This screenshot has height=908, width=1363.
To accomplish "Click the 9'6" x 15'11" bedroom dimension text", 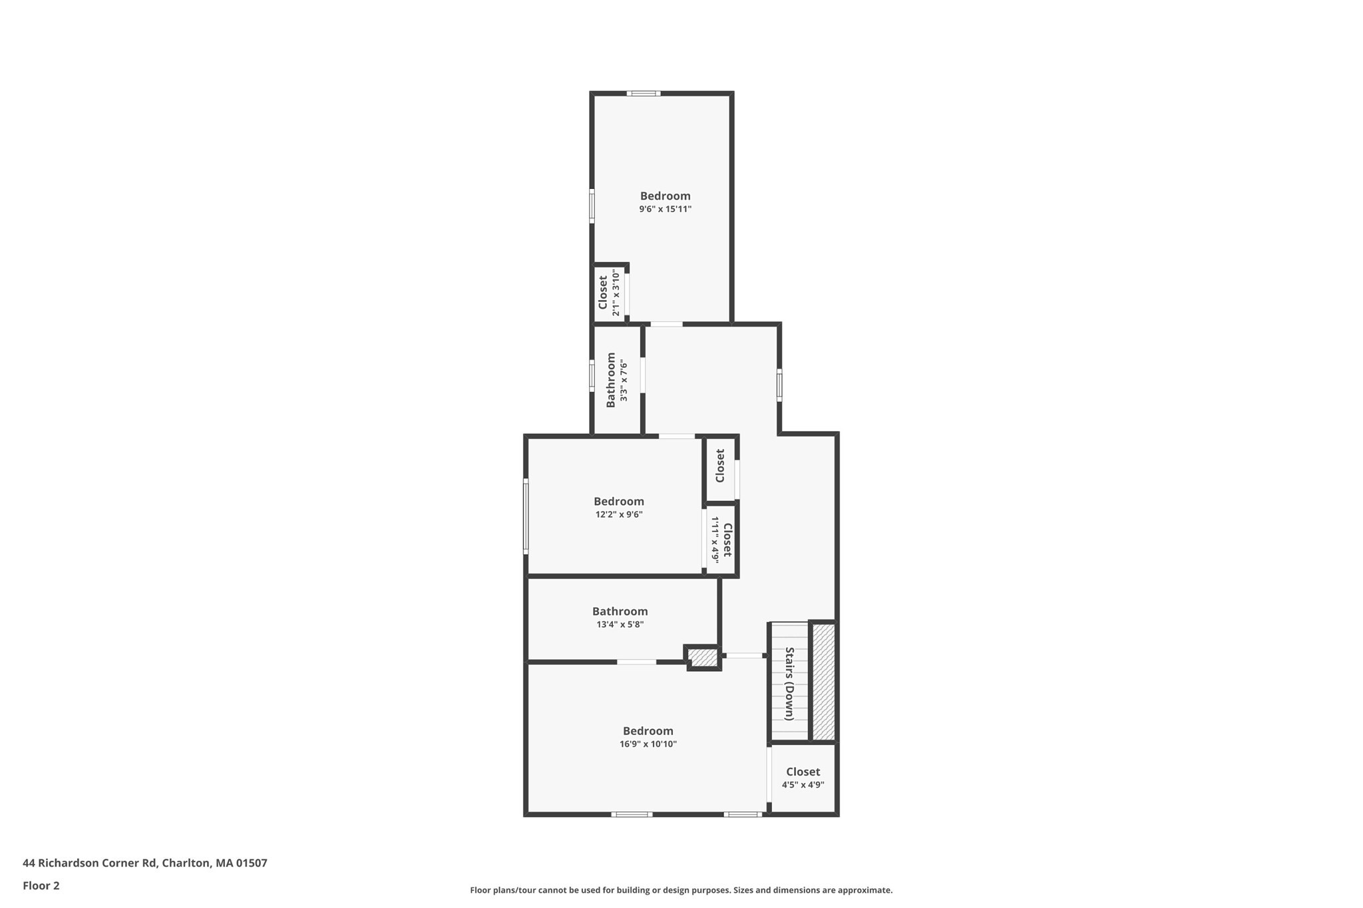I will [x=665, y=209].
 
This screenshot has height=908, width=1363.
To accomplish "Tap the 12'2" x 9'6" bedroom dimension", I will [x=618, y=514].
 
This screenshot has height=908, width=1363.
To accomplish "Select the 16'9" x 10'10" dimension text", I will [x=648, y=744].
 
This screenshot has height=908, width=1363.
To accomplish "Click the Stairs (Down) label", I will [x=789, y=683].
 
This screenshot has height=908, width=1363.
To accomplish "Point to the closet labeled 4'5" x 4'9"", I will [x=803, y=778].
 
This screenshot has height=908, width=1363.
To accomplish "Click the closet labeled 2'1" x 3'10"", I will [x=609, y=293].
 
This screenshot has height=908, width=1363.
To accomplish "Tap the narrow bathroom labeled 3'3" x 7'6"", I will [x=616, y=380].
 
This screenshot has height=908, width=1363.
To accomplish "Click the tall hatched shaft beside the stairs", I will [x=823, y=681].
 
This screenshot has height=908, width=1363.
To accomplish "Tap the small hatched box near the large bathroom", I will [x=702, y=658].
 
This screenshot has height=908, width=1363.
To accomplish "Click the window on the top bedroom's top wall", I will [x=643, y=94].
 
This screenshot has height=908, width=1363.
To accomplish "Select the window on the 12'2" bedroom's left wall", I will [x=526, y=516].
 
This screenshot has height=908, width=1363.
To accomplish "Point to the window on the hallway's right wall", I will [x=779, y=385].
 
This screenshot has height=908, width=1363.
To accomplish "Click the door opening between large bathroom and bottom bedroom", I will [x=636, y=662].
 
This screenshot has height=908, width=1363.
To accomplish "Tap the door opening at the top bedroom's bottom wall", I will [x=666, y=324].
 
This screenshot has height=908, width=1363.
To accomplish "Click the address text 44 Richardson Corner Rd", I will [x=144, y=863].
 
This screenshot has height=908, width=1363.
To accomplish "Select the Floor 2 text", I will [x=41, y=885].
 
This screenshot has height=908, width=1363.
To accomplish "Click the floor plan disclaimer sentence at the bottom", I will [x=681, y=890].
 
